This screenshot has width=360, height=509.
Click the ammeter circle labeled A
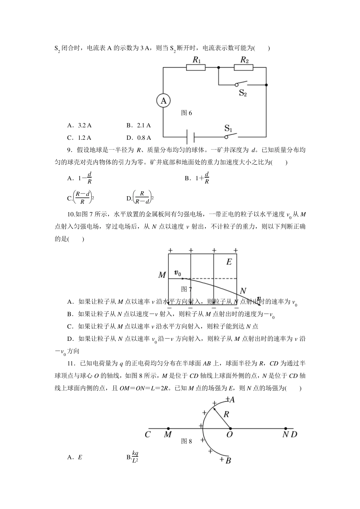[x=163, y=101]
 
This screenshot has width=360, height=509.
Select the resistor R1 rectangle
[x=196, y=67]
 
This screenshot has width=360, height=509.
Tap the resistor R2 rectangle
[x=243, y=67]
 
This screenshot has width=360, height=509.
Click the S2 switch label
[x=243, y=93]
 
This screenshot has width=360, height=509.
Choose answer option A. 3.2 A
[x=79, y=125]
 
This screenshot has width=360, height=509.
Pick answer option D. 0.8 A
[x=139, y=137]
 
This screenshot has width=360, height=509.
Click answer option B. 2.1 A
[x=139, y=125]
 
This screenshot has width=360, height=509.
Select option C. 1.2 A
[x=79, y=137]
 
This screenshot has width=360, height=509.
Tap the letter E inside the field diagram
[x=229, y=262]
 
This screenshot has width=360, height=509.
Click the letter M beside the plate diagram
[x=162, y=275]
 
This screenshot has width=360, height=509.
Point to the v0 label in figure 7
[x=177, y=272]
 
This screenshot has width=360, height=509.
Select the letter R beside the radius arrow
[x=226, y=414]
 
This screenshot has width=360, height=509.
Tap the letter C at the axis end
[x=147, y=434]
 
